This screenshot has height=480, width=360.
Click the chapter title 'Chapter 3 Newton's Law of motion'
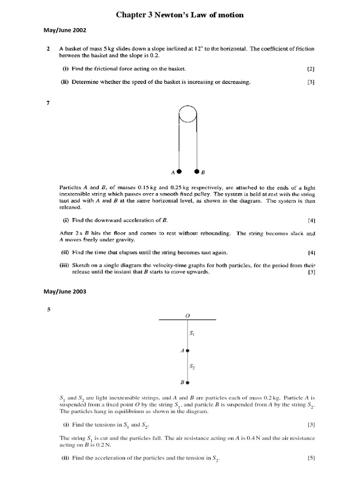tap(180, 15)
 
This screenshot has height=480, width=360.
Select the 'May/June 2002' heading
tap(65, 31)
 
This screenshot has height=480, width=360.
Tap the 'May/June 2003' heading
tap(65, 291)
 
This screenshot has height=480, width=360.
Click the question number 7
tap(48, 103)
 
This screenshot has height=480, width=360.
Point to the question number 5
tap(48, 309)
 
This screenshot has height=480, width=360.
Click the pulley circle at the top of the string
tap(187, 114)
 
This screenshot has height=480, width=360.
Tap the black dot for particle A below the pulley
tap(179, 171)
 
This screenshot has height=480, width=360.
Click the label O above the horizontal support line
tap(187, 315)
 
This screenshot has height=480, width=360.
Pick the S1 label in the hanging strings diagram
tap(192, 334)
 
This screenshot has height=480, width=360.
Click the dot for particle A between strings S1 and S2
tap(187, 350)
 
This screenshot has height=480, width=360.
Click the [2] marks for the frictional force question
tap(311, 69)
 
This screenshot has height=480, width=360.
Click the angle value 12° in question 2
tap(205, 49)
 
